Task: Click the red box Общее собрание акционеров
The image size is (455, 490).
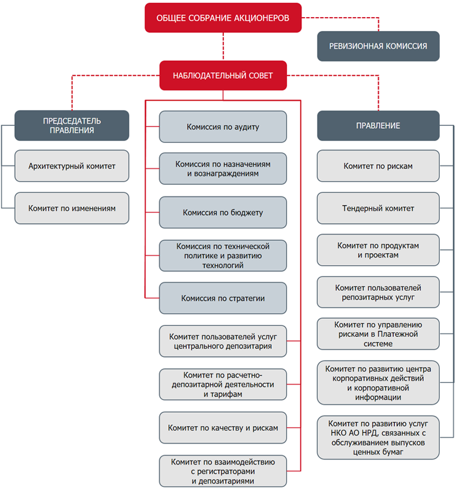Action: point(223,18)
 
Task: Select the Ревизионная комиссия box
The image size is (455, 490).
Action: point(378,46)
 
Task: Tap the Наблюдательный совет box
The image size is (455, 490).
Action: point(223,76)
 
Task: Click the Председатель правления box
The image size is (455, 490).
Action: point(72,125)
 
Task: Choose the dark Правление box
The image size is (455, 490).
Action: point(378,126)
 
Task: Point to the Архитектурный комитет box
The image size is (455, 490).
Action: point(72,166)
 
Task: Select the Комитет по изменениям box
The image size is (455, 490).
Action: point(72,208)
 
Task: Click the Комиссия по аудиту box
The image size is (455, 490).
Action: point(223,127)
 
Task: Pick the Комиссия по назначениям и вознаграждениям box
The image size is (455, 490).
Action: point(223,169)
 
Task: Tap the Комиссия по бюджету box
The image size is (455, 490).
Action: point(223,212)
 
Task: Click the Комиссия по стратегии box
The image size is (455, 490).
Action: point(223,298)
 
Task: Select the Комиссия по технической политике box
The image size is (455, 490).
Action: point(223,256)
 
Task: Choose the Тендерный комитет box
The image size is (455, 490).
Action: point(378,208)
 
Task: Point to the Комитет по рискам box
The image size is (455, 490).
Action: point(378,166)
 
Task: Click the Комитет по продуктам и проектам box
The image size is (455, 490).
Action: point(378,250)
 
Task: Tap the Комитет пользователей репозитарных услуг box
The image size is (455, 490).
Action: point(378,292)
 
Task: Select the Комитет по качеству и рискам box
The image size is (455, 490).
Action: point(223,428)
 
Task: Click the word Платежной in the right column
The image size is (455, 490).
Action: point(397,334)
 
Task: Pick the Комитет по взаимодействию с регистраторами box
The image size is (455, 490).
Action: point(223,471)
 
